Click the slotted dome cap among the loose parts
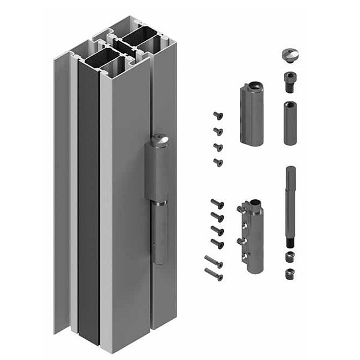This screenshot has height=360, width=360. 289,55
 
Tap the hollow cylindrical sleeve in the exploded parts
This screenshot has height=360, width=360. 289,122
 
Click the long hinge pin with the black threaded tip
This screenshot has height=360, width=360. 290,204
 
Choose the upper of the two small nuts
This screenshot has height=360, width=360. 289,257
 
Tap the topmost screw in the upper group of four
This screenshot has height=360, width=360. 217,116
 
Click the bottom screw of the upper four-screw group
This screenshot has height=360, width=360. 218,162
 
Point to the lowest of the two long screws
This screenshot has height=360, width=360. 214,274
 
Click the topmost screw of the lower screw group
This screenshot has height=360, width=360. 217,203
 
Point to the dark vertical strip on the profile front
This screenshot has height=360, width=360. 89,210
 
